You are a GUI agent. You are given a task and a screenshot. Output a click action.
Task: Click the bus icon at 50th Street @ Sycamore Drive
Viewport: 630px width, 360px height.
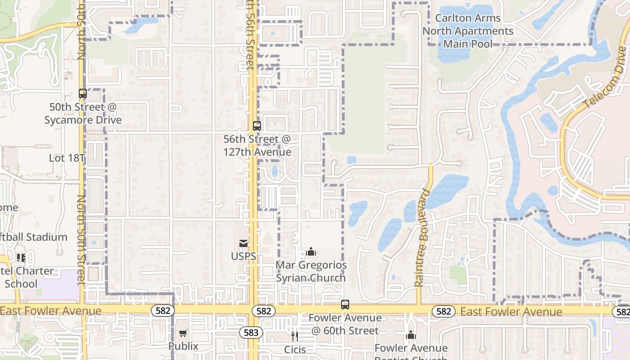pyautogui.click(x=83, y=94)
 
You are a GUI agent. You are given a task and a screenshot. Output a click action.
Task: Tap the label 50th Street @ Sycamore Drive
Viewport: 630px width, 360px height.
pyautogui.click(x=83, y=113)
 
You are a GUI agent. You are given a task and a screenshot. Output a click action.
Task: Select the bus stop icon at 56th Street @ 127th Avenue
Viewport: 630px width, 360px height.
pyautogui.click(x=256, y=126)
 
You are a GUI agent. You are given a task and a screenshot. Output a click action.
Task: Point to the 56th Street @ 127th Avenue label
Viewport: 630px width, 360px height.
pyautogui.click(x=257, y=145)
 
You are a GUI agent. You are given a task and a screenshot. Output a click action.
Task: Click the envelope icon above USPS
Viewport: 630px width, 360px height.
pyautogui.click(x=243, y=243)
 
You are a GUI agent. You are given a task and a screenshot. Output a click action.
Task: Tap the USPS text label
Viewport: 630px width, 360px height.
pyautogui.click(x=243, y=256)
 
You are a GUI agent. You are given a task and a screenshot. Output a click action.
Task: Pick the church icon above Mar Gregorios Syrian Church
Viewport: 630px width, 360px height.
pyautogui.click(x=311, y=252)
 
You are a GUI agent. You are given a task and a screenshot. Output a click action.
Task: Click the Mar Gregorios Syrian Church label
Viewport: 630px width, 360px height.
pyautogui.click(x=311, y=271)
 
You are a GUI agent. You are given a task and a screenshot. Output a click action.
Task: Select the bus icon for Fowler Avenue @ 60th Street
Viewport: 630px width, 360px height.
pyautogui.click(x=345, y=305)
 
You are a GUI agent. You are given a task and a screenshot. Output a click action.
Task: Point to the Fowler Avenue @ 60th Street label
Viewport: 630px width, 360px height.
pyautogui.click(x=345, y=324)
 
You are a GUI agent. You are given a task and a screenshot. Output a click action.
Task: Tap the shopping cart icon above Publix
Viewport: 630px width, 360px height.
pyautogui.click(x=183, y=333)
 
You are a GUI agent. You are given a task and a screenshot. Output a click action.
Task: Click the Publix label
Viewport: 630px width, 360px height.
pyautogui.click(x=183, y=346)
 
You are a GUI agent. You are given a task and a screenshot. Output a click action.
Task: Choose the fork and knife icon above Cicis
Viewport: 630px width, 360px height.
pyautogui.click(x=295, y=336)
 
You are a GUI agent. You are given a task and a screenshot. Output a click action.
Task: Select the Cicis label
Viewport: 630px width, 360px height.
pyautogui.click(x=295, y=349)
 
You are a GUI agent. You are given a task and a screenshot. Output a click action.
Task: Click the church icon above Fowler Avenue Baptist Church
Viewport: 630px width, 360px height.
pyautogui.click(x=410, y=335)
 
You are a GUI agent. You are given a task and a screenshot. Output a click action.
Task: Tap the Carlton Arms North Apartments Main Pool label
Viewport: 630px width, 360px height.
pyautogui.click(x=468, y=31)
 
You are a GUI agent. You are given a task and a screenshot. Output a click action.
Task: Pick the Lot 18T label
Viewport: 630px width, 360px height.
pyautogui.click(x=67, y=158)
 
